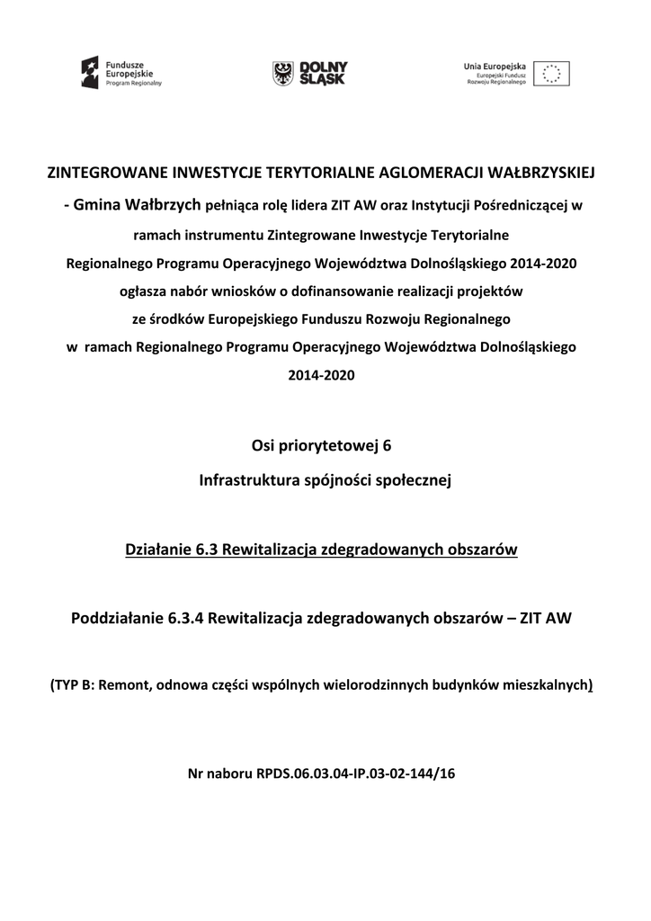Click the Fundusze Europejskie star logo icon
pos(91,71)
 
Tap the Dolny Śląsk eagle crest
pos(283,73)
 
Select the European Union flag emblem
pos(551,73)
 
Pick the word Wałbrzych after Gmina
pos(162,205)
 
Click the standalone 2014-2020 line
pos(322,376)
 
